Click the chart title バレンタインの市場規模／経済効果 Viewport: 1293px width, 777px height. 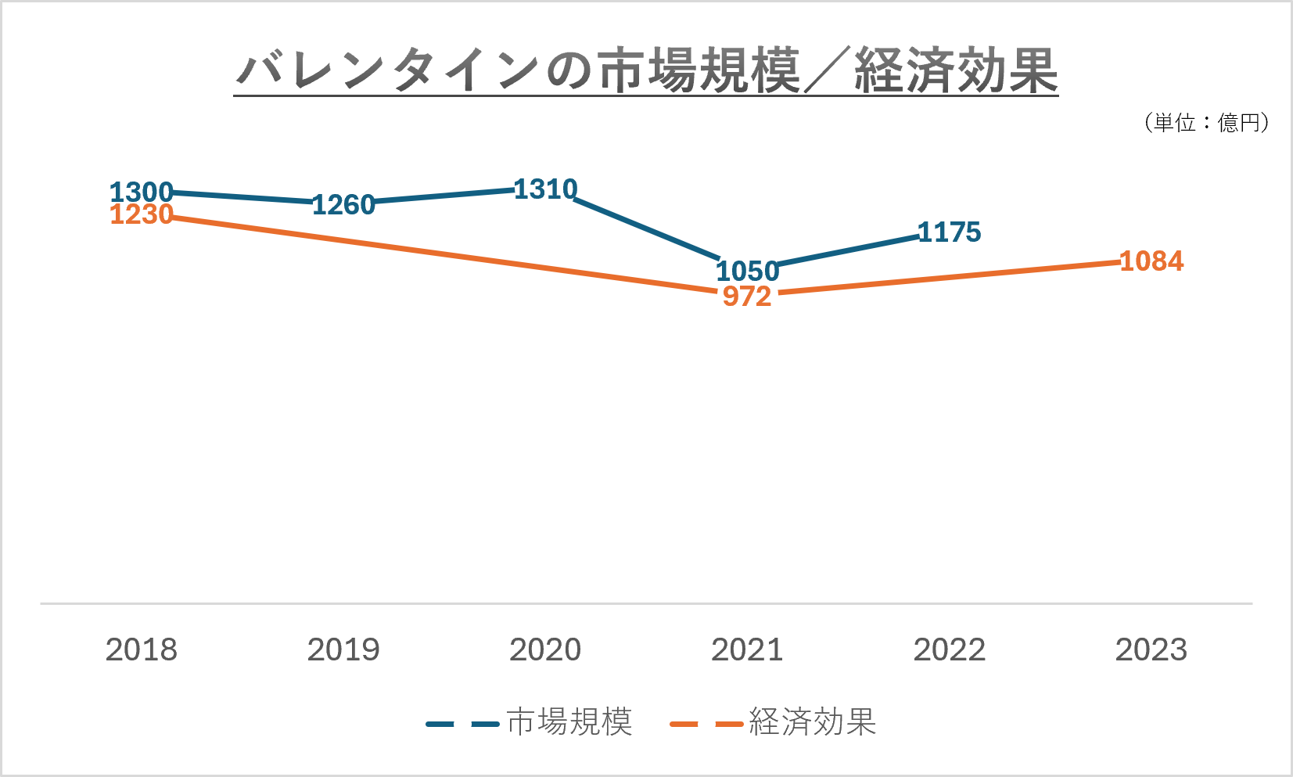pos(646,70)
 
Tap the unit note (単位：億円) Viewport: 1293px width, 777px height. pos(1205,123)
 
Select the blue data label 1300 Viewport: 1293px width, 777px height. pos(141,192)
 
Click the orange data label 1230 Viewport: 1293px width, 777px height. pos(141,214)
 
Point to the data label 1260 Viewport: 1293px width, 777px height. pos(343,205)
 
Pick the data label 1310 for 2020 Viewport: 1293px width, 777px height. pos(545,189)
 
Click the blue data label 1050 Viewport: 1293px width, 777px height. pos(747,272)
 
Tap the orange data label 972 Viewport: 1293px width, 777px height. pos(747,297)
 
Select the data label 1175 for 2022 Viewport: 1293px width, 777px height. pos(949,232)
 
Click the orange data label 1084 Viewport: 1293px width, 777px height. pos(1151,261)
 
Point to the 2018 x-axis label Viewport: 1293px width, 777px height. pos(142,650)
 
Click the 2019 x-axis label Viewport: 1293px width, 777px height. pos(343,650)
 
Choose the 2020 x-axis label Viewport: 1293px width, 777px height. pos(545,650)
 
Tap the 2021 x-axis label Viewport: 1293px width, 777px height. pos(747,650)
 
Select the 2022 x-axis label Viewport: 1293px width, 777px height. pos(949,650)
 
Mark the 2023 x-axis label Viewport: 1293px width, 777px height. pos(1151,650)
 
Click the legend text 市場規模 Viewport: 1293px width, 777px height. pos(569,722)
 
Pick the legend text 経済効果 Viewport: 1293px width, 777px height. pos(812,722)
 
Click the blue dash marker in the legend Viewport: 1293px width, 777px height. pos(462,725)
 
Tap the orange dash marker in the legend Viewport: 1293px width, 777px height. pos(706,725)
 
